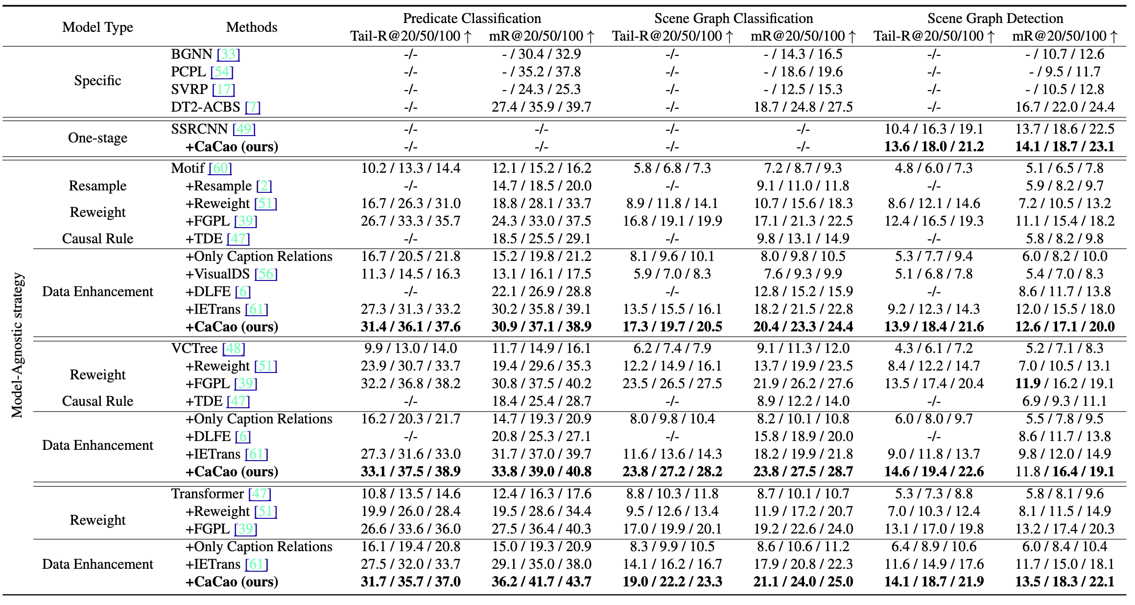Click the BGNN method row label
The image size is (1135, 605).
(x=191, y=54)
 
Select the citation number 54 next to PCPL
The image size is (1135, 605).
(x=222, y=71)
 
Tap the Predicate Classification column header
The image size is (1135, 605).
(x=472, y=18)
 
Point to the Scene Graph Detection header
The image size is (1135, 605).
(x=995, y=18)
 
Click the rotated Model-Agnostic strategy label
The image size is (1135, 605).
(x=18, y=345)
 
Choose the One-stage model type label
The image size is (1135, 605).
(x=97, y=138)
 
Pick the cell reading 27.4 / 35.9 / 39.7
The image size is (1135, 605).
(x=541, y=107)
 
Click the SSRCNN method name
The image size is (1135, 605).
(x=199, y=129)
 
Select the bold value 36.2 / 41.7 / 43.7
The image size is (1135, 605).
(x=541, y=582)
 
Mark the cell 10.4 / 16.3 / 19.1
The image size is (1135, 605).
(x=933, y=129)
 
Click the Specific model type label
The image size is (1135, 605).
(x=97, y=80)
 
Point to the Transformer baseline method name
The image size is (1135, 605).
(x=208, y=493)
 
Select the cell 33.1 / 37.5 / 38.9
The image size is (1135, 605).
(x=410, y=471)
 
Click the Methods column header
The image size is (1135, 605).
(x=251, y=27)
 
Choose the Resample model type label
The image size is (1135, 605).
(x=97, y=186)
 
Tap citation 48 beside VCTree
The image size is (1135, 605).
(x=234, y=348)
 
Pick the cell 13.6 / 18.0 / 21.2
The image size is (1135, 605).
(x=933, y=146)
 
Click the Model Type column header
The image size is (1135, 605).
(x=97, y=27)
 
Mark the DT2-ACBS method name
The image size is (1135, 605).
(x=206, y=107)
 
